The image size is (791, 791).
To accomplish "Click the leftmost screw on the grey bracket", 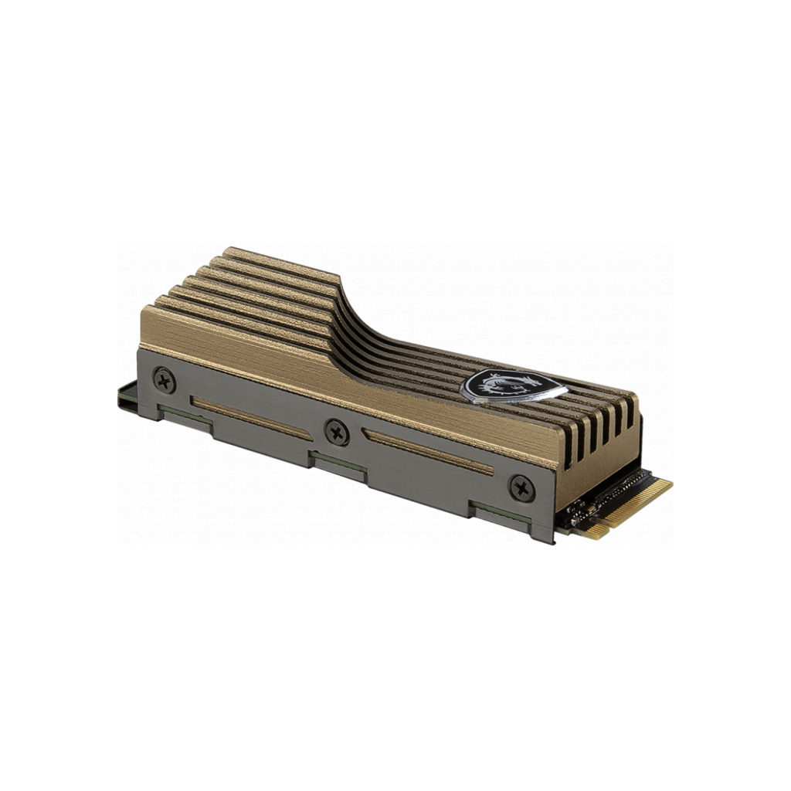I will point(165,379).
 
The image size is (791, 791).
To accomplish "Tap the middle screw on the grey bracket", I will point(337,431).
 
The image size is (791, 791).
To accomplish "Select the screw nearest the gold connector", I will point(522,488).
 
